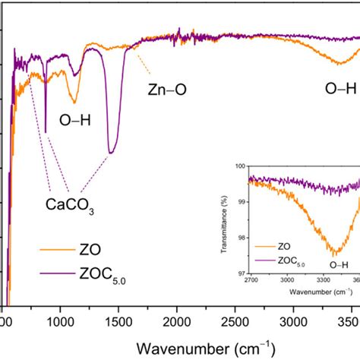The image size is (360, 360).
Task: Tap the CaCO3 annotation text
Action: click(69, 204)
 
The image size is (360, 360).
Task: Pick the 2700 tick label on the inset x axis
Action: click(251, 280)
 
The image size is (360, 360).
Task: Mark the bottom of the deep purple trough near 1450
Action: click(111, 153)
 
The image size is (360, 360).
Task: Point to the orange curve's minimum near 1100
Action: click(74, 102)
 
